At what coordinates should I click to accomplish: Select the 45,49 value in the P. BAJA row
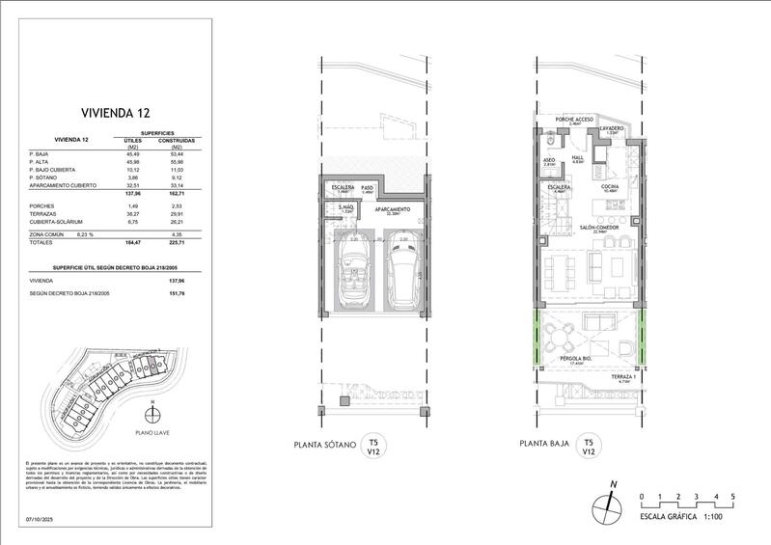click(x=131, y=153)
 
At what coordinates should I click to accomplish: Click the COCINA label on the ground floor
click(x=612, y=186)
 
